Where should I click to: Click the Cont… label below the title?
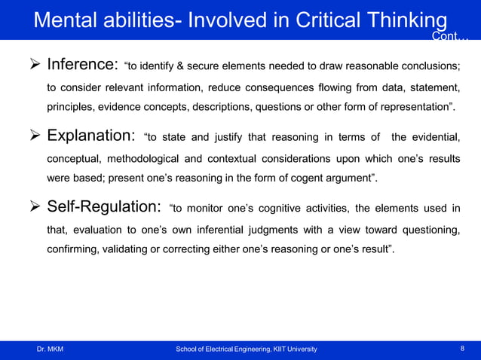point(449,37)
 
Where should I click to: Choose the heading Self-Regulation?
point(104,207)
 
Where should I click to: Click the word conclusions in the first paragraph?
point(427,68)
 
